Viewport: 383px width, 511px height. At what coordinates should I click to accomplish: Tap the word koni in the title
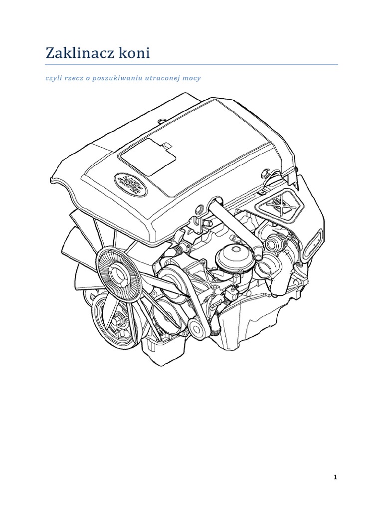click(134, 53)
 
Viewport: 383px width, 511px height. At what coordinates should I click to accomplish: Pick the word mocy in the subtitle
click(192, 78)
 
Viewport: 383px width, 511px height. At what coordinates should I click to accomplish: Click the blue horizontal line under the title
click(191, 64)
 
